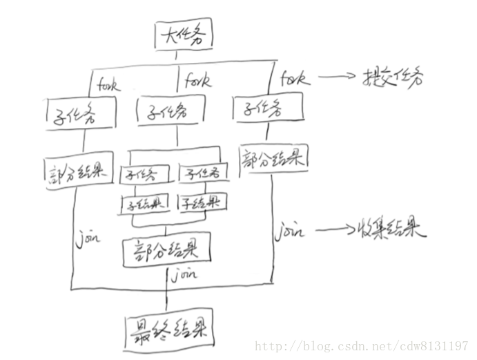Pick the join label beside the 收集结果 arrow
289,231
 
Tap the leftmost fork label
108,86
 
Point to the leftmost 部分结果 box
78,171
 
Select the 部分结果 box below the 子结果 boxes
165,252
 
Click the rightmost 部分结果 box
273,158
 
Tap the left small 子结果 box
145,203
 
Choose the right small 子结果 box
202,202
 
